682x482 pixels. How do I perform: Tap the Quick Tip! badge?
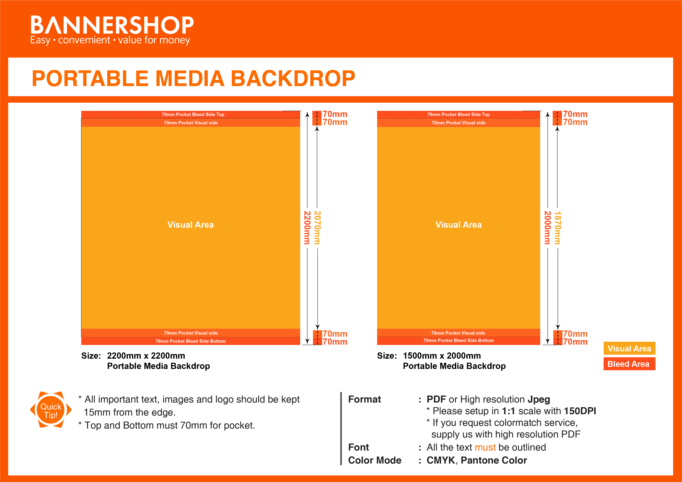pos(51,411)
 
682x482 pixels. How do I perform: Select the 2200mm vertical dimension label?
pos(307,227)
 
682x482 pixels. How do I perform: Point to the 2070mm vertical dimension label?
pos(317,227)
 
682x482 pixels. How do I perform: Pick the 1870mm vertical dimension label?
pos(558,227)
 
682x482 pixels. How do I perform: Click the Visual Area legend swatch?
pos(629,348)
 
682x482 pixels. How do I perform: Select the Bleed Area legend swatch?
pos(629,364)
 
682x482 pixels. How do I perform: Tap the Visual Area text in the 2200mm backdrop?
pos(190,225)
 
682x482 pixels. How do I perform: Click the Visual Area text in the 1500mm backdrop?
pos(458,225)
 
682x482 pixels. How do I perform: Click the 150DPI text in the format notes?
pos(580,411)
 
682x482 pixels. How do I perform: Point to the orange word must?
pos(485,447)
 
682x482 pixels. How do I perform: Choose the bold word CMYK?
pos(440,460)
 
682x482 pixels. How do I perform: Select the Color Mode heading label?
pos(375,460)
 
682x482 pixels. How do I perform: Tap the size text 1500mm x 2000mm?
pos(442,356)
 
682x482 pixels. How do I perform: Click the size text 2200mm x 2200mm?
pos(146,356)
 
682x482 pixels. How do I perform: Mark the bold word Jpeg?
pos(539,399)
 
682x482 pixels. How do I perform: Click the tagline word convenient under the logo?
pos(84,40)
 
